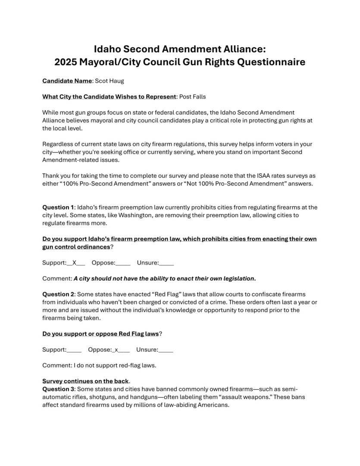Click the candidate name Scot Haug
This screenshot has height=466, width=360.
coord(111,81)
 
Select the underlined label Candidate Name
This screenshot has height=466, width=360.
coord(67,81)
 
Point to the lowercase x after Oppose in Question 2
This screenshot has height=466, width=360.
coord(116,350)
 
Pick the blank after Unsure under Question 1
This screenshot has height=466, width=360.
coord(167,262)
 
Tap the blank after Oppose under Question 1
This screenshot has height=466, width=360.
coord(123,262)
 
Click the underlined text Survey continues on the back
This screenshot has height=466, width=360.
coord(85,381)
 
